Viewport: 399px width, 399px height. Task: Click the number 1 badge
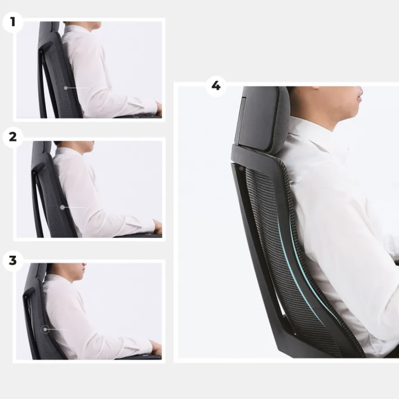(x=13, y=22)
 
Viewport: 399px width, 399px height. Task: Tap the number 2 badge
(x=13, y=137)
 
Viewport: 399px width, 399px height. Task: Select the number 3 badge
(x=13, y=261)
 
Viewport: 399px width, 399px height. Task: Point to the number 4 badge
(x=216, y=86)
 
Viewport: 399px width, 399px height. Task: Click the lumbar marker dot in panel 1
(x=66, y=88)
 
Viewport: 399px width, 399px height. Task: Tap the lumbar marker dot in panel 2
(x=63, y=207)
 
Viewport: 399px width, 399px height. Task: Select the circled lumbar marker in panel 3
(x=45, y=329)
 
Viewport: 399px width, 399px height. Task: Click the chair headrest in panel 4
(x=262, y=118)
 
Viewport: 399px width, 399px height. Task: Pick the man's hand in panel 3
(x=156, y=347)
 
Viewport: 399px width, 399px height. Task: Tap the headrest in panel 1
(x=49, y=28)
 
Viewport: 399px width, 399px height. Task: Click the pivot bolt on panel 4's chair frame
(x=241, y=168)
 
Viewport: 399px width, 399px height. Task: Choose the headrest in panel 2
(x=42, y=148)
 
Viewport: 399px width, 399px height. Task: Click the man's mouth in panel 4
(x=359, y=99)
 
